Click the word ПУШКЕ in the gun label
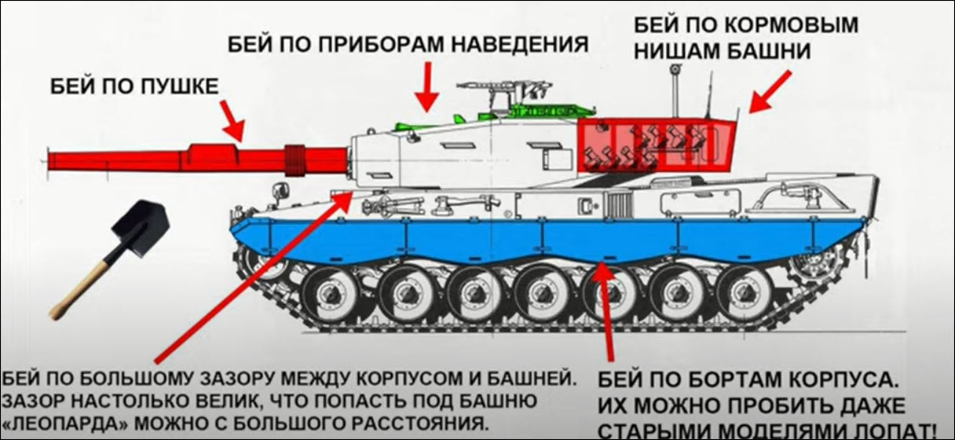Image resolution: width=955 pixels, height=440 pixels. pos(180,87)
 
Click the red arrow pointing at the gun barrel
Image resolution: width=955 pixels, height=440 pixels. pos(232,121)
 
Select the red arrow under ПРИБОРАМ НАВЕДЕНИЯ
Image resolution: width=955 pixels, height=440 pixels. pos(426,86)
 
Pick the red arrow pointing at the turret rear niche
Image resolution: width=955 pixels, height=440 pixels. pos(769,92)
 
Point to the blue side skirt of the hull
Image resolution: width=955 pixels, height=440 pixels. pos(546,239)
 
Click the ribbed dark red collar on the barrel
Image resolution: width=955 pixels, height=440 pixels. pos(295,160)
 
